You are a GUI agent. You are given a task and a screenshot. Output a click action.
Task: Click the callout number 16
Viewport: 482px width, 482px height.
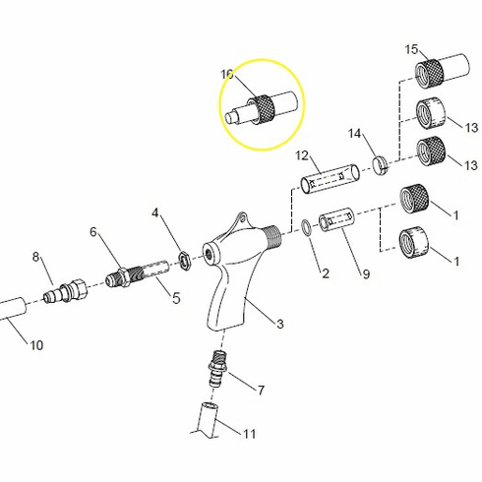[227, 75]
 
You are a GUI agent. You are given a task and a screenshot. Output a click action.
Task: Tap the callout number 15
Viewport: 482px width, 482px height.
[412, 49]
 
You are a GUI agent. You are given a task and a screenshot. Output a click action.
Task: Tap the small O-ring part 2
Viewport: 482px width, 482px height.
[309, 227]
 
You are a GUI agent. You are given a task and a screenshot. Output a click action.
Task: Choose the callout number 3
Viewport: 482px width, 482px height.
[279, 324]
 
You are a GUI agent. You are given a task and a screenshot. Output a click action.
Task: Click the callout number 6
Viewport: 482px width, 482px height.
[94, 232]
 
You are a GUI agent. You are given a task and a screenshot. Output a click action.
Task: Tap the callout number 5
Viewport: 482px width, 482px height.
[176, 298]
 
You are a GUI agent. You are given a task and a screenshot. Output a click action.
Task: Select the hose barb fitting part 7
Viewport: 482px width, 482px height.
[213, 368]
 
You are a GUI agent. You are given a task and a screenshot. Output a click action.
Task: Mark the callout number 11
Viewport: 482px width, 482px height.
[249, 433]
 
